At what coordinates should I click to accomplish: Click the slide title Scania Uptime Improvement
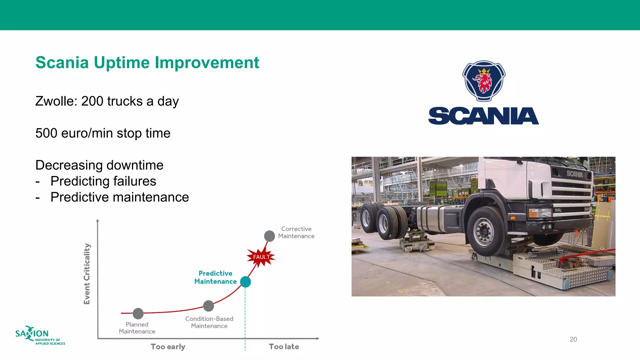click(147, 62)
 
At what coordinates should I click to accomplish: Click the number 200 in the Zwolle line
click(92, 101)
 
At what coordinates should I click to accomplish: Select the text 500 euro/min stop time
click(103, 133)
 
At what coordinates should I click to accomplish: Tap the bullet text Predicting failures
click(103, 181)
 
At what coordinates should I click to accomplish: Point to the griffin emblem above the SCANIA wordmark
click(484, 81)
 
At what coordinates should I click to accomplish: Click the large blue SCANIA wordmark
click(483, 116)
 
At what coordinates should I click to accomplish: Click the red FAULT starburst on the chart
click(261, 257)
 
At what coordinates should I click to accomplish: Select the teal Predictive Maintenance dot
click(245, 282)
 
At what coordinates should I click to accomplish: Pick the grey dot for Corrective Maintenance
click(269, 236)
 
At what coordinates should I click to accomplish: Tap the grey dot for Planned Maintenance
click(138, 313)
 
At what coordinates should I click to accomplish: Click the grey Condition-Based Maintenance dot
click(208, 306)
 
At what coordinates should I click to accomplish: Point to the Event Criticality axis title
click(87, 274)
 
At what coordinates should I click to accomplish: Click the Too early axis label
click(168, 347)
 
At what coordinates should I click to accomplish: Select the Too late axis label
click(284, 347)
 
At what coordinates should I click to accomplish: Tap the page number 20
click(573, 339)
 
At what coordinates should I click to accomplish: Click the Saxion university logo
click(39, 336)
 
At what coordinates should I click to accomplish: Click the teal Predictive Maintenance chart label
click(215, 277)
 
